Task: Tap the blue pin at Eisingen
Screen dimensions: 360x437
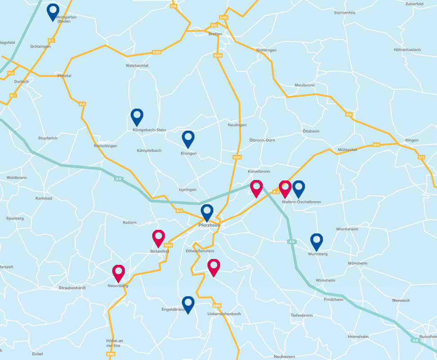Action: [x=188, y=138]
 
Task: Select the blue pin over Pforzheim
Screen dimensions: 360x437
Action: [x=207, y=211]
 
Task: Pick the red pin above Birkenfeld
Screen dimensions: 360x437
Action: [x=159, y=237]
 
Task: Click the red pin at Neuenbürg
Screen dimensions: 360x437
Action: [x=119, y=272]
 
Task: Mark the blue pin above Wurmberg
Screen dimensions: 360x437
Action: [x=317, y=241]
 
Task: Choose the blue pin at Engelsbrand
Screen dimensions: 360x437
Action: [x=188, y=304]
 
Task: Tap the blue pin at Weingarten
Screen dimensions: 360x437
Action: [x=53, y=11]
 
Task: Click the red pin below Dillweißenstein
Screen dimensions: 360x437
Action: [x=214, y=267]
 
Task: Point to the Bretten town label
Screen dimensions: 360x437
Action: [x=216, y=34]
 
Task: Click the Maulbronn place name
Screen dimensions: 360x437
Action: [x=305, y=85]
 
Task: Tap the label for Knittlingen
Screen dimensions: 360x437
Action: [x=266, y=50]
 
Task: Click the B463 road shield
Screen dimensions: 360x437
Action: [x=217, y=305]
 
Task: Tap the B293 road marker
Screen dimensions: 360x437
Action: [x=157, y=52]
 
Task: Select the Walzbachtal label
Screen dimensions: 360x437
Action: [x=137, y=66]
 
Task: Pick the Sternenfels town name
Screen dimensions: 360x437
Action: [x=345, y=13]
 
